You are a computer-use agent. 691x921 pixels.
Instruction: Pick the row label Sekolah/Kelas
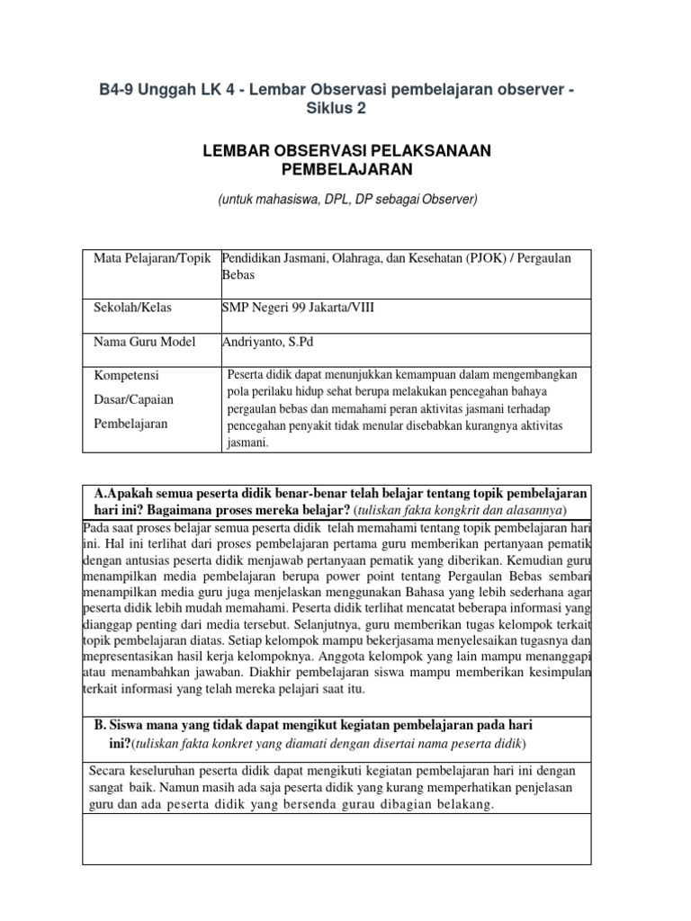point(132,308)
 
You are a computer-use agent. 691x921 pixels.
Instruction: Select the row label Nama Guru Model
point(142,342)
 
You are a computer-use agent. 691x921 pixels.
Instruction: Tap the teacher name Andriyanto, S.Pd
point(269,342)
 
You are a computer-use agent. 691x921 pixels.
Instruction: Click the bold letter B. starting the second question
point(101,724)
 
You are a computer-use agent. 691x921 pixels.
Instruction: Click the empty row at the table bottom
point(337,839)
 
